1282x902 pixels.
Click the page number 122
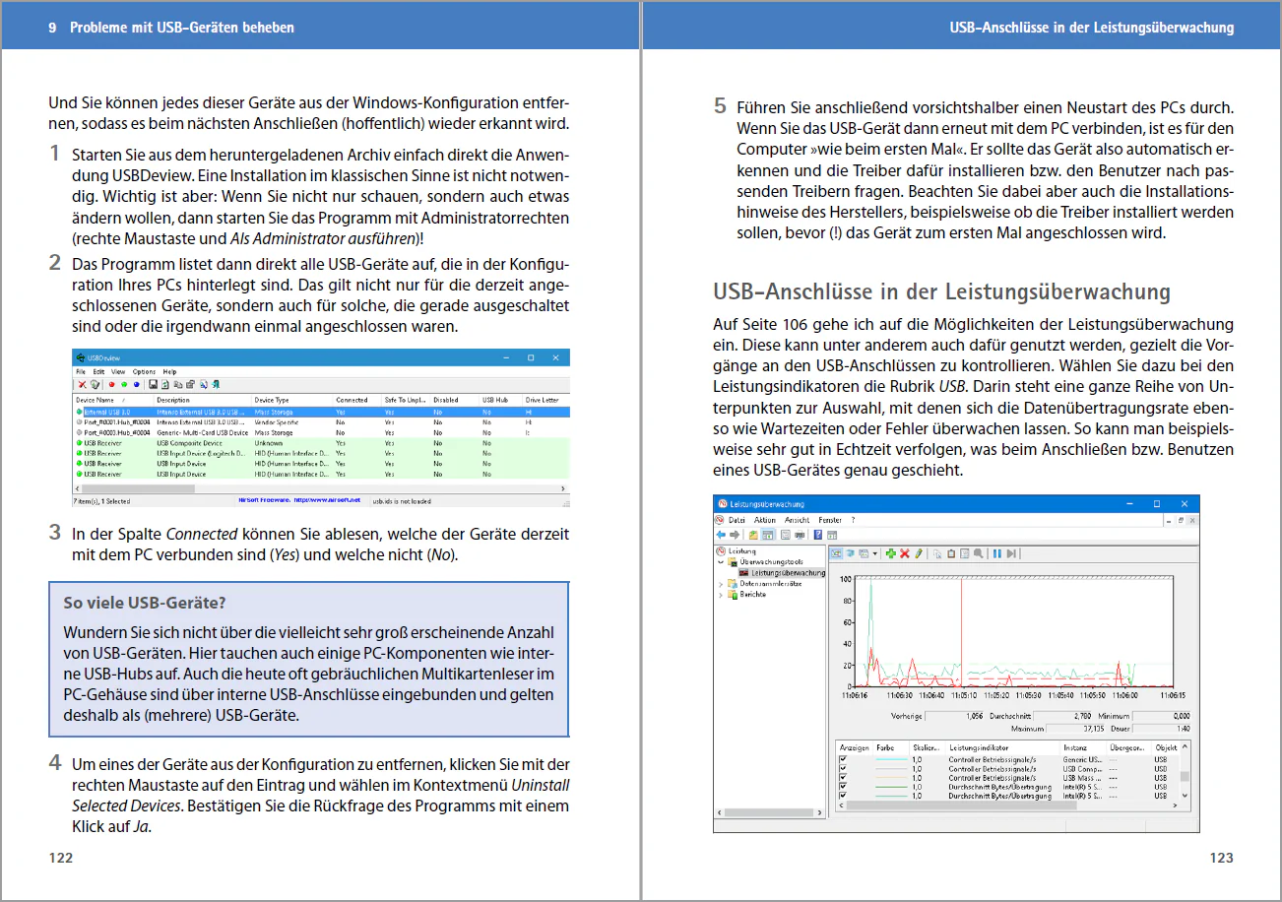click(x=61, y=858)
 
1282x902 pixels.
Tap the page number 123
click(x=1221, y=858)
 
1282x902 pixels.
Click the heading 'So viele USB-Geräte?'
click(x=145, y=603)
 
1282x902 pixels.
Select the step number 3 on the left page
click(x=55, y=533)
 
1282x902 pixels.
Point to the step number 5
click(x=720, y=106)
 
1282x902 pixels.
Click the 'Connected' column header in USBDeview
click(x=352, y=400)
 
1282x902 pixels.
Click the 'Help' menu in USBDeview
click(x=169, y=371)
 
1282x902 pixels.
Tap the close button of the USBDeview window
click(x=556, y=356)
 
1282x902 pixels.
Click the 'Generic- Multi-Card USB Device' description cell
click(x=202, y=432)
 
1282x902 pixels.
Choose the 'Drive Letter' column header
click(x=543, y=400)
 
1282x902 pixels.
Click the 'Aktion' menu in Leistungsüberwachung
click(x=765, y=520)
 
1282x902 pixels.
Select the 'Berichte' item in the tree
click(x=753, y=595)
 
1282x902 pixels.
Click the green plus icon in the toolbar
click(x=891, y=553)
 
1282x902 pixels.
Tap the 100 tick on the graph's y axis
click(x=846, y=579)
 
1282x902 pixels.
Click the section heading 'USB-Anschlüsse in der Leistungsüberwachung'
click(x=941, y=291)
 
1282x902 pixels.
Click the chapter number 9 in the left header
click(x=52, y=28)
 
